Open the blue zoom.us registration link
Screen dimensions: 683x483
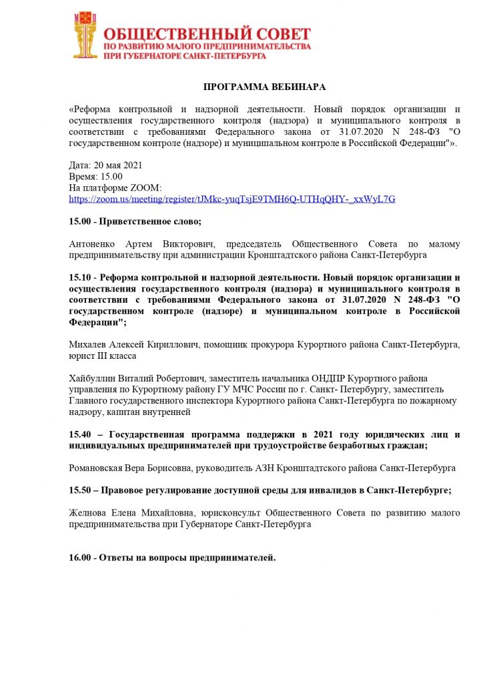coord(232,199)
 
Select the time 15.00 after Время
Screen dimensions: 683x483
coord(111,176)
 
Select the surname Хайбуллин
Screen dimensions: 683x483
coord(94,379)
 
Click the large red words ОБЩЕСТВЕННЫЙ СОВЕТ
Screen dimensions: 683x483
coord(207,33)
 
